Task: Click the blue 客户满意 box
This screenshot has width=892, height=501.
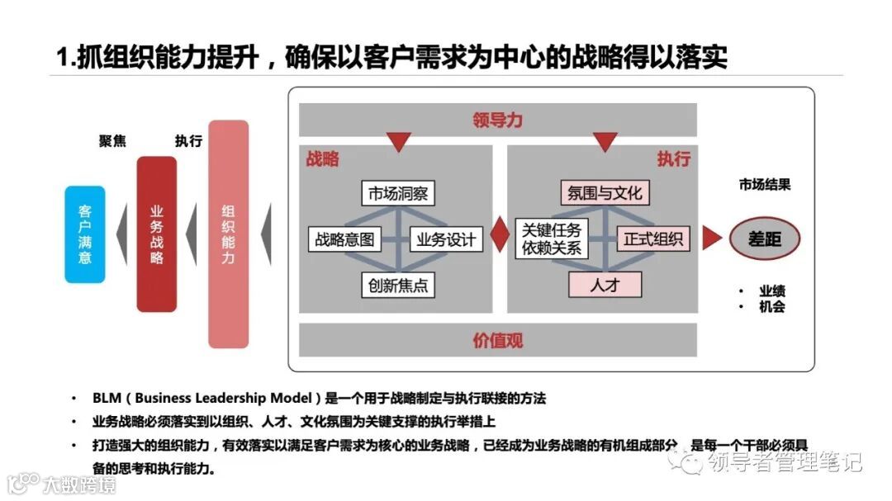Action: tap(85, 234)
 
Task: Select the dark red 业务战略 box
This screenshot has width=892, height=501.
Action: tap(157, 234)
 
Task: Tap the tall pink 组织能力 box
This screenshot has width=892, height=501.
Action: tap(229, 234)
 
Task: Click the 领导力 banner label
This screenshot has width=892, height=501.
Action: tap(498, 121)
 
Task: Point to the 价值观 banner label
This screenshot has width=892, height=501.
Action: tap(498, 340)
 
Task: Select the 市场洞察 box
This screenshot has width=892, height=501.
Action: tap(398, 194)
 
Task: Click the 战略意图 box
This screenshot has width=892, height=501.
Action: tap(345, 239)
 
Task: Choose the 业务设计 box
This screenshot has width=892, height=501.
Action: tap(446, 239)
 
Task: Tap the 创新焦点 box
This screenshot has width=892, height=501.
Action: tap(398, 285)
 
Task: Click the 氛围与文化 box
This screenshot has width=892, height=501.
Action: tap(605, 194)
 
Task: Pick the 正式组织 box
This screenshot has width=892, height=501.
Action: tap(653, 239)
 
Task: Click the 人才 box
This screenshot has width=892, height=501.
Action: tap(605, 285)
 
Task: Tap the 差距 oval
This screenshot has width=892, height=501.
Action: tap(764, 239)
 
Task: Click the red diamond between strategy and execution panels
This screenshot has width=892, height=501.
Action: tap(500, 234)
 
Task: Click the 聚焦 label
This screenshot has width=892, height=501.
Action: tap(112, 141)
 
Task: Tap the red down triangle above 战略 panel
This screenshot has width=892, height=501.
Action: tap(398, 143)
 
